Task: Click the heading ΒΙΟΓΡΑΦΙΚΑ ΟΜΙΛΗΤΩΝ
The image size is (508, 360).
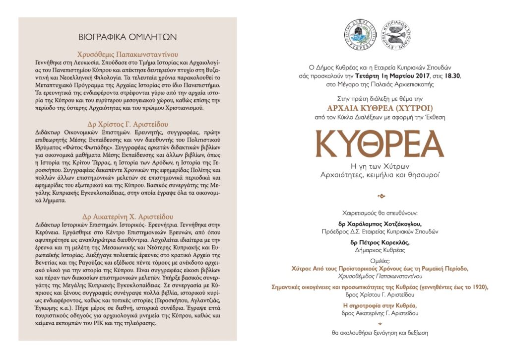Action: pos(127,37)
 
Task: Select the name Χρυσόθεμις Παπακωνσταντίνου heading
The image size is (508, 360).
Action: pos(127,54)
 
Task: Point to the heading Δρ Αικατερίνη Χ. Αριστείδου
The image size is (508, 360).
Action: pos(127,216)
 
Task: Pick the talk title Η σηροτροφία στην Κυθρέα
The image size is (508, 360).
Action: pos(380,305)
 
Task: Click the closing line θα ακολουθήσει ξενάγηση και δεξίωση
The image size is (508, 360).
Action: pos(380,333)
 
